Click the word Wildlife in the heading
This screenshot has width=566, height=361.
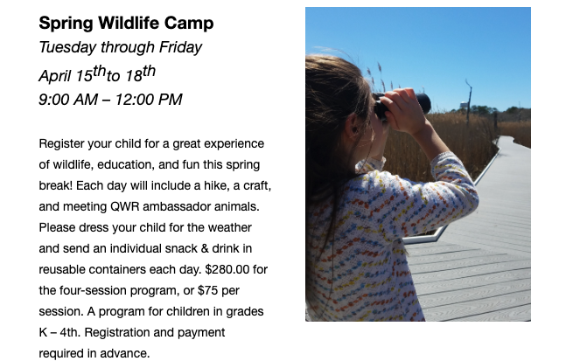[128, 23]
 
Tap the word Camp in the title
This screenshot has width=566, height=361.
[189, 24]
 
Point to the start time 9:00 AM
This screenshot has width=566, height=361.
[68, 100]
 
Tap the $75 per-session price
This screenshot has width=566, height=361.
[206, 290]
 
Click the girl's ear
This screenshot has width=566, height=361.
[352, 125]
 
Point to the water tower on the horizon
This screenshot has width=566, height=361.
[463, 105]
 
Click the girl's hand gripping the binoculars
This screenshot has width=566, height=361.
[403, 110]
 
